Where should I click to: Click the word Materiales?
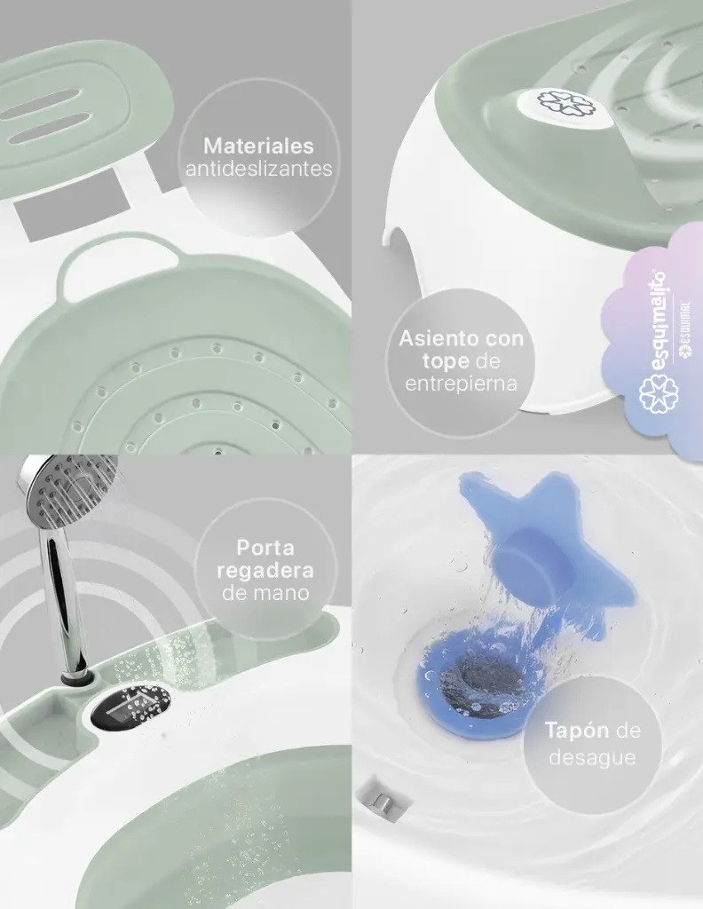(258, 146)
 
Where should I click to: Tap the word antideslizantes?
(259, 169)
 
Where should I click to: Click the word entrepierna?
(462, 383)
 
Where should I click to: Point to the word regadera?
(265, 571)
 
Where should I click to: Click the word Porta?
(265, 547)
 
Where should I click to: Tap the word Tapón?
(577, 731)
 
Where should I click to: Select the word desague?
(592, 757)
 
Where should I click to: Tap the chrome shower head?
(67, 489)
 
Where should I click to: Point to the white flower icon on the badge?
(659, 393)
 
